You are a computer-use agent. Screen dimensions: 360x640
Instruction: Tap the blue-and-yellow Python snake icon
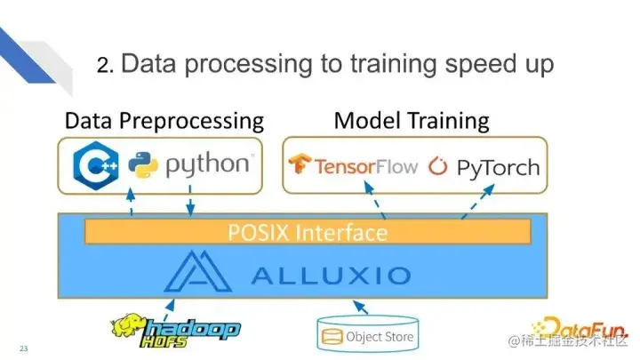(x=143, y=166)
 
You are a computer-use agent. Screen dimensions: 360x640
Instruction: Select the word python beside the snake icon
(x=209, y=165)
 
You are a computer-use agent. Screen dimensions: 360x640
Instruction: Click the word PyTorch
(x=497, y=166)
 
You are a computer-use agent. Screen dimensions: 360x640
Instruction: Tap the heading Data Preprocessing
(x=164, y=120)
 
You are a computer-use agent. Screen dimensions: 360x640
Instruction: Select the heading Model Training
(x=412, y=120)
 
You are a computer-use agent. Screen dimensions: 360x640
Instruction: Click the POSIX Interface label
(x=308, y=233)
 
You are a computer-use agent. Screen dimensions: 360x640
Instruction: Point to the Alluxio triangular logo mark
(x=196, y=271)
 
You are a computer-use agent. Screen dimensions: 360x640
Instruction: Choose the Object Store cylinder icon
(x=332, y=337)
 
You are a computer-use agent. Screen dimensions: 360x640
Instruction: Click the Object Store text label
(x=380, y=337)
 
